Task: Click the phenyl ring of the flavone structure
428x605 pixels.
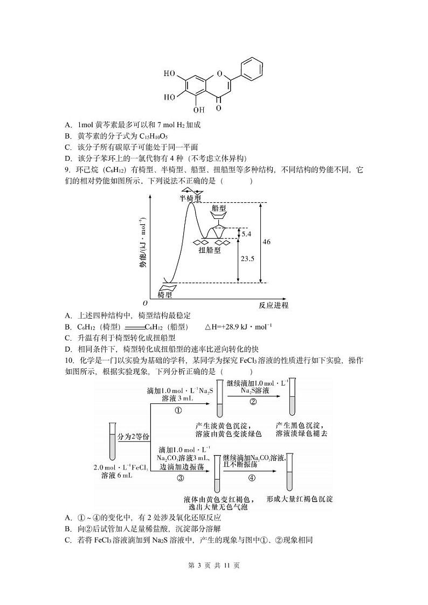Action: (x=252, y=70)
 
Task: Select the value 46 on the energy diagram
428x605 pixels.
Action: (x=266, y=242)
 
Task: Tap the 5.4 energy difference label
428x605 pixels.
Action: (x=246, y=234)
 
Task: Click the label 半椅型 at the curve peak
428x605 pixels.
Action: (x=190, y=198)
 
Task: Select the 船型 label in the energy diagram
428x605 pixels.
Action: (x=219, y=208)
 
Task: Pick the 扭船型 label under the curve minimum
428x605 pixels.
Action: (x=209, y=250)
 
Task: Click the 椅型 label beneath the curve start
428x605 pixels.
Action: (x=165, y=295)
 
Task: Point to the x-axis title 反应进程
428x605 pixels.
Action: (x=273, y=305)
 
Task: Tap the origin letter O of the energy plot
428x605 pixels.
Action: (x=145, y=304)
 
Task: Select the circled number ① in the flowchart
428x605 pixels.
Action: (x=179, y=410)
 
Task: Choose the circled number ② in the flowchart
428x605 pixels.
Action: (x=253, y=401)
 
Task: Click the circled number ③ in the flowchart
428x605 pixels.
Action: (x=181, y=478)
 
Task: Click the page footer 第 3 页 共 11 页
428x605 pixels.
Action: (x=213, y=566)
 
